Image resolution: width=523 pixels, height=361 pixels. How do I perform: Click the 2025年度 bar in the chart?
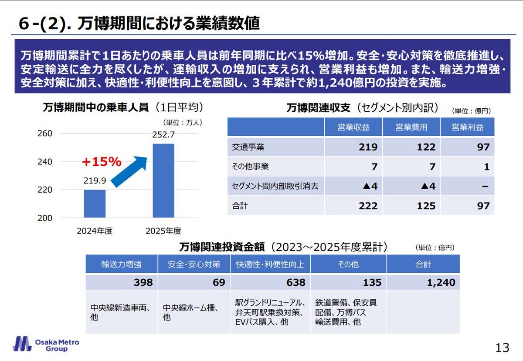tap(163, 180)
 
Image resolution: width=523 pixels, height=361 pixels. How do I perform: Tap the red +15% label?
tap(102, 162)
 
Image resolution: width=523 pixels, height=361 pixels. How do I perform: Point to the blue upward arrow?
tap(129, 170)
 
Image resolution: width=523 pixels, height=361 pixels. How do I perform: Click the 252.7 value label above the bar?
tap(163, 135)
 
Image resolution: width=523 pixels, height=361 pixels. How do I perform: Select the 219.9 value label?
tap(95, 181)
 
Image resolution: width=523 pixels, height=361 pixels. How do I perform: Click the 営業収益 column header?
tap(353, 127)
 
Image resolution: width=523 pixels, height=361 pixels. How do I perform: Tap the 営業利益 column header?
tap(467, 127)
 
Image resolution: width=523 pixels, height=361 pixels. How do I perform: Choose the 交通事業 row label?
tap(248, 147)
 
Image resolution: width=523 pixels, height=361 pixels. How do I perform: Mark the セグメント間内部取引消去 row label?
tap(275, 187)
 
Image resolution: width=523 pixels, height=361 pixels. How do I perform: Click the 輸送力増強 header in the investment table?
tap(122, 264)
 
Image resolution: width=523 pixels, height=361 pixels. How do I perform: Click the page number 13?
tap(502, 348)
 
